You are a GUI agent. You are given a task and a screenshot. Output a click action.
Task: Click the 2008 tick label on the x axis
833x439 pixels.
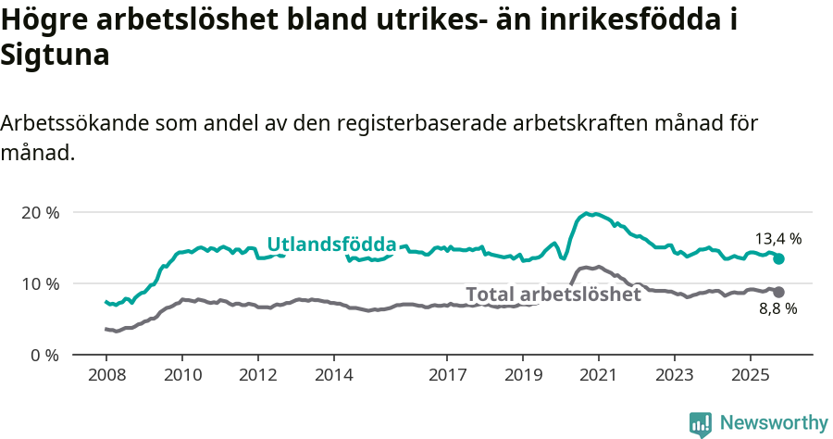click(106, 377)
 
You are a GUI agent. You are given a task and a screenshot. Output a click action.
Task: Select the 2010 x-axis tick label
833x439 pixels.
click(181, 377)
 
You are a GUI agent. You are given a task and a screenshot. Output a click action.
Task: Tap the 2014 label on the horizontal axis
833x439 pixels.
click(333, 377)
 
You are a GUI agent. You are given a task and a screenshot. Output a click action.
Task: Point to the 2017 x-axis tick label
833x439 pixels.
click(447, 377)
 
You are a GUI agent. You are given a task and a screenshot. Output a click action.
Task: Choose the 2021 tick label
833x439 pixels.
click(599, 377)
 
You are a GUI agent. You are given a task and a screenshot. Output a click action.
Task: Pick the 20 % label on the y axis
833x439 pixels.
click(40, 212)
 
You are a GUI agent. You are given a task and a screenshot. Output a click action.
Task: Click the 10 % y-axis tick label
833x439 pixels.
click(40, 283)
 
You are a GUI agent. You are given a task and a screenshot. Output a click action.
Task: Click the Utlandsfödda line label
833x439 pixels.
click(331, 245)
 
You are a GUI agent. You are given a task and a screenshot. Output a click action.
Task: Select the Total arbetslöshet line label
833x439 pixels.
click(553, 295)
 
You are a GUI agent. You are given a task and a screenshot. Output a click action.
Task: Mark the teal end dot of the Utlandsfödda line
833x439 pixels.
click(779, 259)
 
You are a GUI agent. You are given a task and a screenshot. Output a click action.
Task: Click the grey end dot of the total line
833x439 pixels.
click(779, 292)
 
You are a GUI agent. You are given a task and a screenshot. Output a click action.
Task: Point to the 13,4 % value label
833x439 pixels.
click(778, 238)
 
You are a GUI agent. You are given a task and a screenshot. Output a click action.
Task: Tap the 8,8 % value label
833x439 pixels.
click(777, 309)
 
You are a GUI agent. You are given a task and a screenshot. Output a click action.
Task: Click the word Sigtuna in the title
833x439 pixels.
click(56, 56)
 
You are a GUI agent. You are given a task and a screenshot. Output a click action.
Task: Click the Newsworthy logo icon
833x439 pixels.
click(701, 424)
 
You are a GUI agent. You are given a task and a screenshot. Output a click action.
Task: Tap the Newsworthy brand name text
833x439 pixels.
click(774, 423)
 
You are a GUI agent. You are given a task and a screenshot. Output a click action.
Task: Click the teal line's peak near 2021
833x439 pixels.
click(587, 214)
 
